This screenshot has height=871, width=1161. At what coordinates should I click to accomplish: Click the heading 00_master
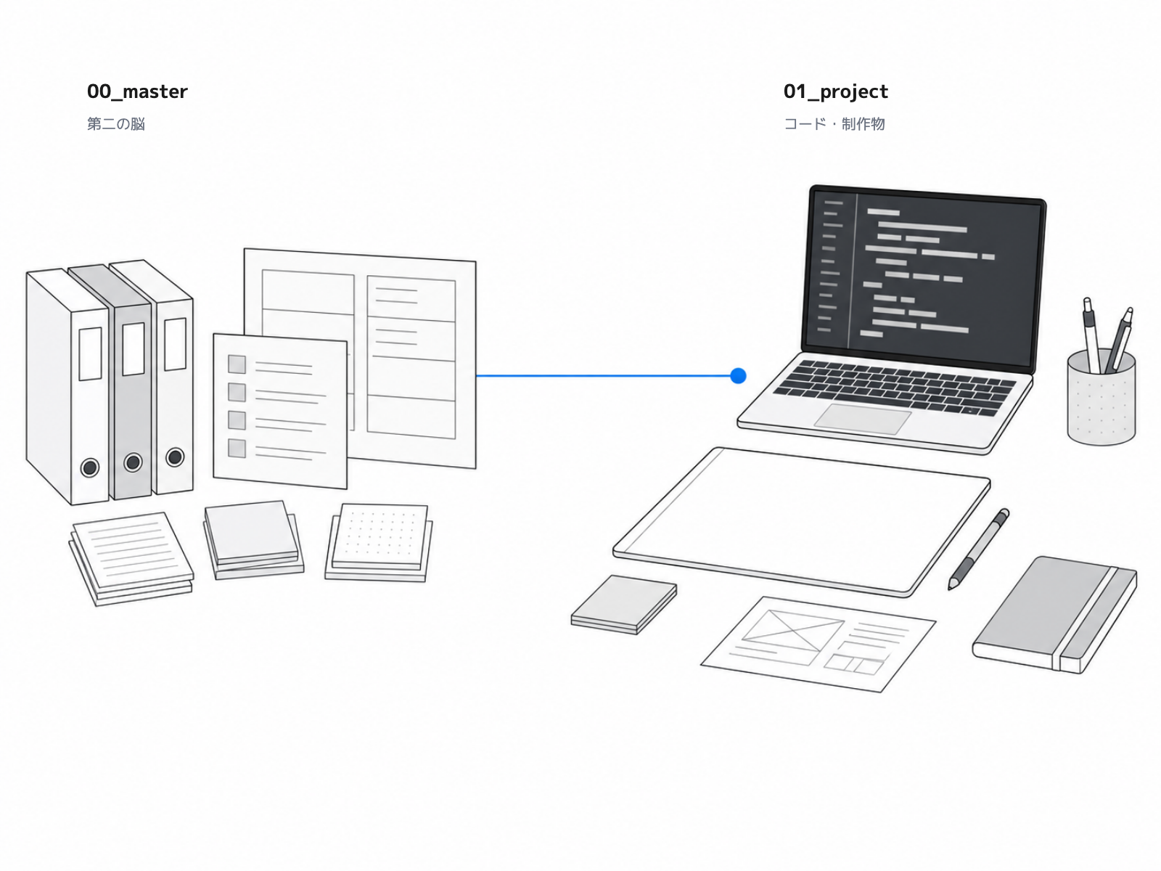pos(137,91)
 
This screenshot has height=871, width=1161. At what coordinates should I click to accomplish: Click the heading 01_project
pos(836,91)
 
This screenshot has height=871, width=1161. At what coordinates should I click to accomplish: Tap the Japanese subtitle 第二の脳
pos(116,123)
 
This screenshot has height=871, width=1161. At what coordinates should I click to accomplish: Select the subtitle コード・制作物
pos(834,123)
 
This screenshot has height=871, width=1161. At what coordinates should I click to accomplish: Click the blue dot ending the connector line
pos(738,376)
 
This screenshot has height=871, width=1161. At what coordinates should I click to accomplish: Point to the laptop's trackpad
pos(863,419)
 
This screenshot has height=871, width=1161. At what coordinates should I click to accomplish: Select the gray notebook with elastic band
pos(1054,615)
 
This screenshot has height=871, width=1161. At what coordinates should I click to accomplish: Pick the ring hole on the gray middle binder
pos(133,462)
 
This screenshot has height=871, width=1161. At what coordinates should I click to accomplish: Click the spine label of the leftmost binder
pos(91,353)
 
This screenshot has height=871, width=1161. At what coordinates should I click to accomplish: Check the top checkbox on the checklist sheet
pos(237,364)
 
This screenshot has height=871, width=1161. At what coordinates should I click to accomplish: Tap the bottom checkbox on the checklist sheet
pos(237,449)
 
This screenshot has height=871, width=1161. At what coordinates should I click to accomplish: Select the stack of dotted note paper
pos(380,543)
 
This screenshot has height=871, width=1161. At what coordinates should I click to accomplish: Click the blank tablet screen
pos(801,521)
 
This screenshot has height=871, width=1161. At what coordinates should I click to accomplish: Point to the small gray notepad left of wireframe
pos(624,605)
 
